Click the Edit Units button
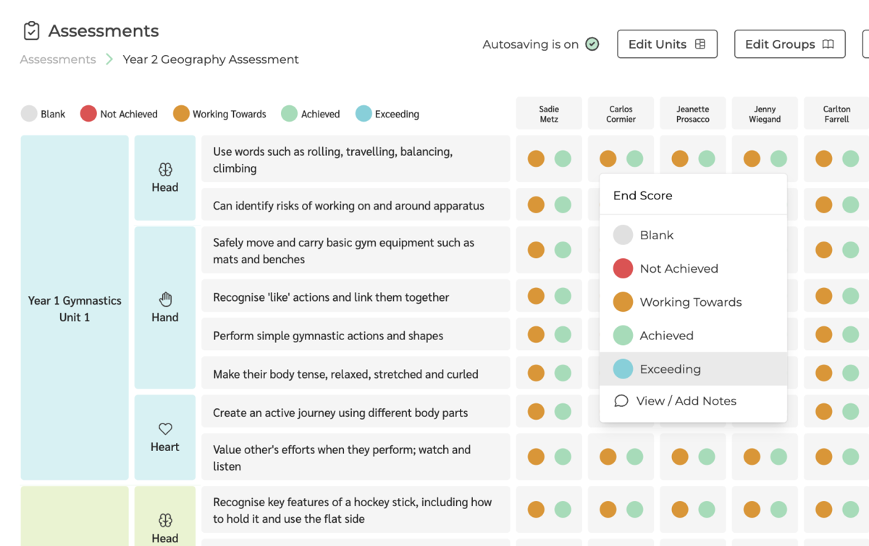click(667, 44)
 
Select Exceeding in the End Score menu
click(670, 369)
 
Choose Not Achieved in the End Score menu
click(679, 268)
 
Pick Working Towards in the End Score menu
click(690, 302)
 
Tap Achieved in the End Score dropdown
click(666, 336)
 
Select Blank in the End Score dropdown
click(656, 235)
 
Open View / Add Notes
click(685, 401)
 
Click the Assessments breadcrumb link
click(58, 59)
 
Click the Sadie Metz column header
click(549, 114)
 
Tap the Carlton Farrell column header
click(836, 114)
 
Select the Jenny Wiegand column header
click(765, 114)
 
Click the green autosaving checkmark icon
click(592, 44)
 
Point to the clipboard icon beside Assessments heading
click(31, 31)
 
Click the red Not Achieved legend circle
click(88, 114)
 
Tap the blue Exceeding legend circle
click(364, 114)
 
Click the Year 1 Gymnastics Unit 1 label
click(75, 309)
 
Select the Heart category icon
click(165, 429)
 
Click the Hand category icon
click(165, 299)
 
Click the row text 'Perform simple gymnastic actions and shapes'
click(328, 336)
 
